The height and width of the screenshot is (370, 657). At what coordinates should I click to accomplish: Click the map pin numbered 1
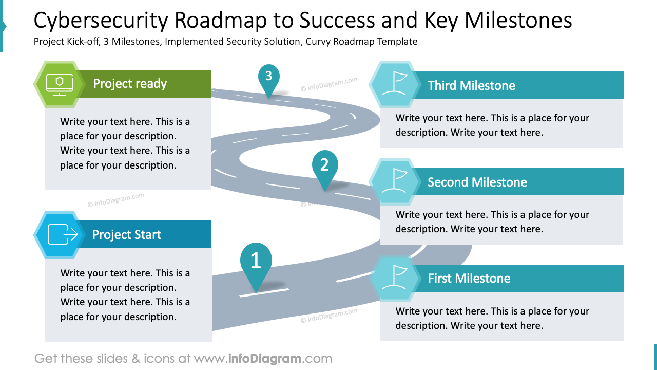click(256, 262)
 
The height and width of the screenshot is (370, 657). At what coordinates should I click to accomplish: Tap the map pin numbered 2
click(324, 165)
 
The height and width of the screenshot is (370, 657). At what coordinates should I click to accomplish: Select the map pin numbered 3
click(268, 77)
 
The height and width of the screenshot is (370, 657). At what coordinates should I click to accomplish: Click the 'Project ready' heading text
click(130, 84)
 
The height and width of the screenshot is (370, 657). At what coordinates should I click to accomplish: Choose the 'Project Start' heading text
click(126, 235)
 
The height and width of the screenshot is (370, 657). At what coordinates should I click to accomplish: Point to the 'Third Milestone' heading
click(471, 85)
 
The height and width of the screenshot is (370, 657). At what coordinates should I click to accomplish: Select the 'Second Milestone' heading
click(477, 182)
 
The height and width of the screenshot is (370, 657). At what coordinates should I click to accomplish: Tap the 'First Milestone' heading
click(469, 279)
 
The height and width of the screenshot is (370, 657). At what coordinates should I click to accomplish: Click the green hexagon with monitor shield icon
click(60, 84)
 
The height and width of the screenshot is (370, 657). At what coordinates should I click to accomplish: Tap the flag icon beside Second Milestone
click(396, 181)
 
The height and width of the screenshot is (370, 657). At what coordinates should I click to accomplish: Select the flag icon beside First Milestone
click(396, 277)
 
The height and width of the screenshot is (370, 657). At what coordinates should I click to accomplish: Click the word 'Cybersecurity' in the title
click(101, 21)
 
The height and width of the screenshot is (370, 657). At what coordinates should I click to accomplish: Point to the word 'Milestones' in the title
click(518, 21)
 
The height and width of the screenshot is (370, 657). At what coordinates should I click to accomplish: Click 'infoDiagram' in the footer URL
click(265, 358)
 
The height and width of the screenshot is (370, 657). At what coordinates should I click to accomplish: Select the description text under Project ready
click(125, 143)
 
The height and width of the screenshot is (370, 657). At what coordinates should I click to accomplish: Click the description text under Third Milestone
click(492, 125)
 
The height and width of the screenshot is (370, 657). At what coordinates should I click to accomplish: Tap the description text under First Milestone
click(492, 318)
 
